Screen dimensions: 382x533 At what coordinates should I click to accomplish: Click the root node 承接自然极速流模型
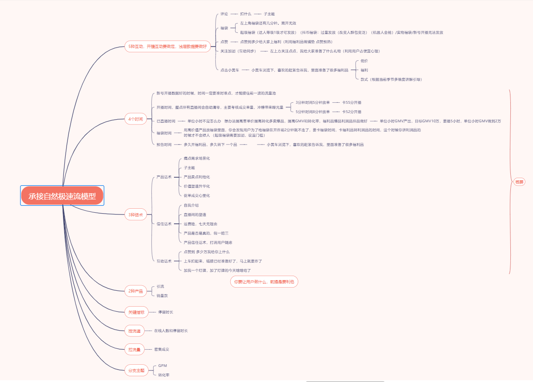[x=62, y=196]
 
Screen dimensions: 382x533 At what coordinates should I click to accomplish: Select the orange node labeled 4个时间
[x=135, y=119]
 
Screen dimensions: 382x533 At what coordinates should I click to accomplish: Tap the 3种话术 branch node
[x=135, y=215]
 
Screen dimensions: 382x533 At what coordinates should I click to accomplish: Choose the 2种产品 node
[x=135, y=291]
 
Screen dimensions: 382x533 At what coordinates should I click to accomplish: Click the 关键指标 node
[x=136, y=312]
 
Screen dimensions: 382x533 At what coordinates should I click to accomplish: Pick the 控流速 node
[x=134, y=331]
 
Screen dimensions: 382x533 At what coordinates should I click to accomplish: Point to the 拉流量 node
[x=134, y=350]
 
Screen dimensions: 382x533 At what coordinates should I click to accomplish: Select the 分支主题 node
[x=136, y=370]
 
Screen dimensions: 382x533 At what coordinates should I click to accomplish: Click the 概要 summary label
[x=519, y=182]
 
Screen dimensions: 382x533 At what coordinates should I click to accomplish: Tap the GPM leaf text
[x=162, y=366]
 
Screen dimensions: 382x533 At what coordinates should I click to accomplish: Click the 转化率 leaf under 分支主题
[x=164, y=375]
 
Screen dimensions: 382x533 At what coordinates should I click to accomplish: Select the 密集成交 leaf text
[x=162, y=350]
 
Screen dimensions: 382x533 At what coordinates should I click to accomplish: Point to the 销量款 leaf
[x=162, y=296]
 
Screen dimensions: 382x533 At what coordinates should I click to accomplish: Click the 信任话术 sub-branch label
[x=164, y=224]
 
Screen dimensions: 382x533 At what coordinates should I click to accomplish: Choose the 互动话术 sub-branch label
[x=164, y=261]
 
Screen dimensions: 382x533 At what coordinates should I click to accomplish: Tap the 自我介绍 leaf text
[x=191, y=205]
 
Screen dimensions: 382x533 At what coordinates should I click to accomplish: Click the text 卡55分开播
[x=351, y=102]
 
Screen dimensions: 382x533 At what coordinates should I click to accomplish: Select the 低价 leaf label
[x=364, y=61]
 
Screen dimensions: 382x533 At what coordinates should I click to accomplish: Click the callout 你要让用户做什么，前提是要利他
[x=264, y=282]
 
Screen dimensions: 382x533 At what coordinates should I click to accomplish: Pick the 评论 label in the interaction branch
[x=224, y=14]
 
